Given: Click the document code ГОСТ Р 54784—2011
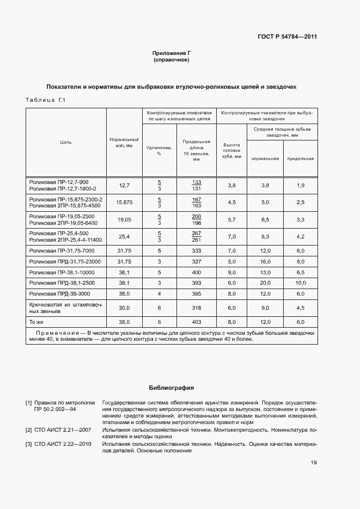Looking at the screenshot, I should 287,37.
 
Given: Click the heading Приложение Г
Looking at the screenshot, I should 172,53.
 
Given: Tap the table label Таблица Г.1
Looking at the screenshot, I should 45,100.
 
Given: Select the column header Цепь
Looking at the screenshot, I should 66,143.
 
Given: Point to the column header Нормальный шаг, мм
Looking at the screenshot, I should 124,143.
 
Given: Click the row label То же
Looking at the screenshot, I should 37,322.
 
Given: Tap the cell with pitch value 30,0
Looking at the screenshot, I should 124,308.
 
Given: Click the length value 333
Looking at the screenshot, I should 197,250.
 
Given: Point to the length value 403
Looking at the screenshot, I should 197,322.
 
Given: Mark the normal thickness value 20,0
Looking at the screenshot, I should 265,283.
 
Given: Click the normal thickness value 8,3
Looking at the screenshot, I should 265,236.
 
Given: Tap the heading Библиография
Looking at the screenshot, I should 172,388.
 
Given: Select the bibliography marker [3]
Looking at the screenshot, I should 28,444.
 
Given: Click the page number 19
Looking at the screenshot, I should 314,463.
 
